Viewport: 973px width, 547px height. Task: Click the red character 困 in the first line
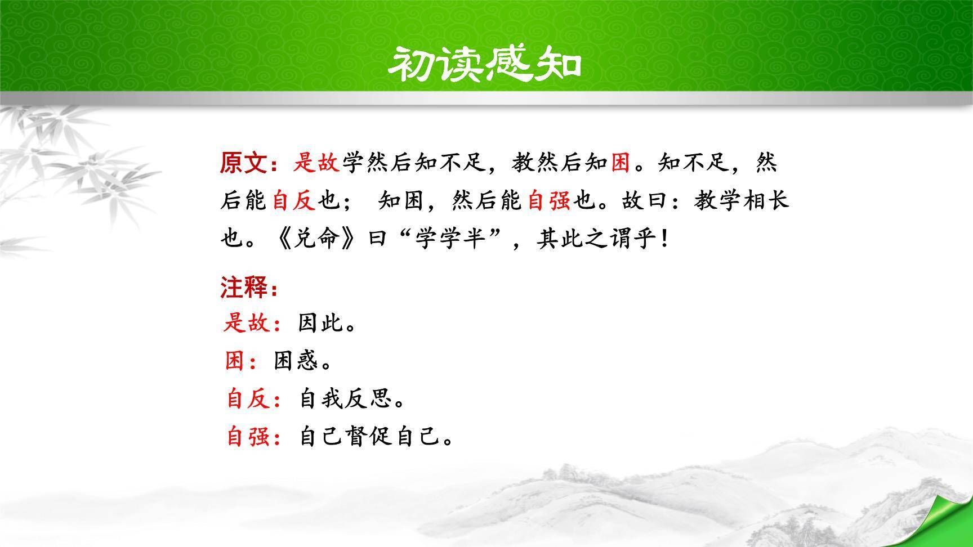[620, 163]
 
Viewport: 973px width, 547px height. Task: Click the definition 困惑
[296, 361]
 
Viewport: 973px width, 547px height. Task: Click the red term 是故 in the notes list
[247, 324]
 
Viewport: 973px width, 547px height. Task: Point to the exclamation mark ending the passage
[666, 239]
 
